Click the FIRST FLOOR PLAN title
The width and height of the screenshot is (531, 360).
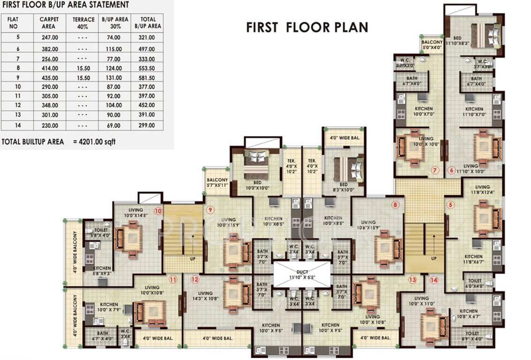tap(307, 27)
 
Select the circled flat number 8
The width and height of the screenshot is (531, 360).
tap(395, 204)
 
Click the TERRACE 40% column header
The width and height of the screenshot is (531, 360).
tap(84, 23)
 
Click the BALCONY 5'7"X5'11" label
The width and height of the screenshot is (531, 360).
tap(217, 182)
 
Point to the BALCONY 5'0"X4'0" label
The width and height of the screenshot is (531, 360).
tap(432, 45)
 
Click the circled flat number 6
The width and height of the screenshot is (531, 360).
tap(452, 170)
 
